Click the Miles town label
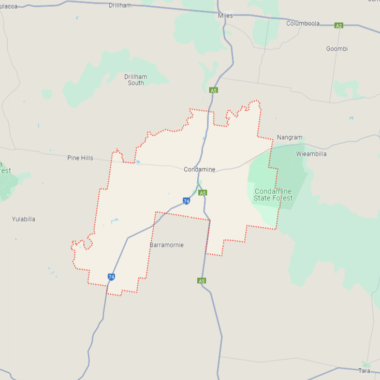point(226,16)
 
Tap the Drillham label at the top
point(120,5)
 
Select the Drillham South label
point(136,80)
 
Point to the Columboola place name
point(303,23)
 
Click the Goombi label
point(337,49)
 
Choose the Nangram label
point(289,137)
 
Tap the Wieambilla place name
point(311,154)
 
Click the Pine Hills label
point(80,158)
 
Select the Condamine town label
point(199,169)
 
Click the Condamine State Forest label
point(273,195)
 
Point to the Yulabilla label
point(24,219)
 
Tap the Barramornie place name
point(167,245)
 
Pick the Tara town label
point(364,371)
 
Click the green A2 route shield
point(339,25)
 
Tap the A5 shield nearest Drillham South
point(213,91)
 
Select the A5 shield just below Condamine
point(202,193)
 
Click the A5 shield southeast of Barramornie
point(202,281)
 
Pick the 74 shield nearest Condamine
point(186,201)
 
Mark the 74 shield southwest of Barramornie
point(111,277)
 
